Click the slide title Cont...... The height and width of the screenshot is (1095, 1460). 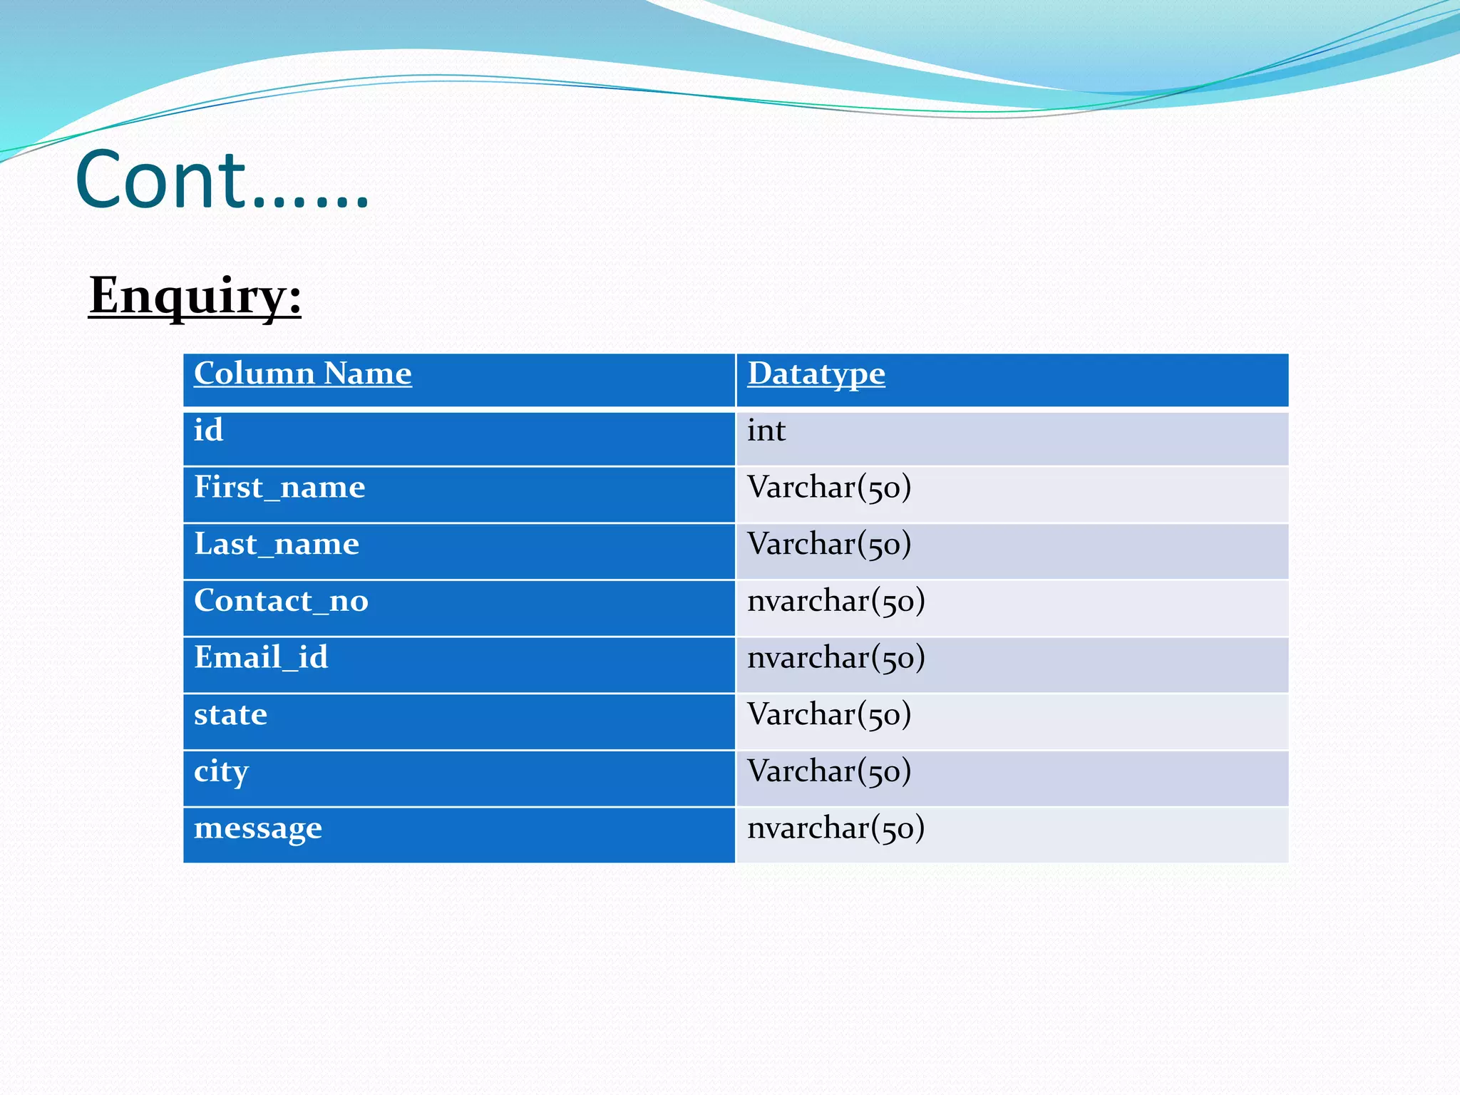pyautogui.click(x=222, y=180)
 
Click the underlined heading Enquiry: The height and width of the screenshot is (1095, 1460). pyautogui.click(x=195, y=295)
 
